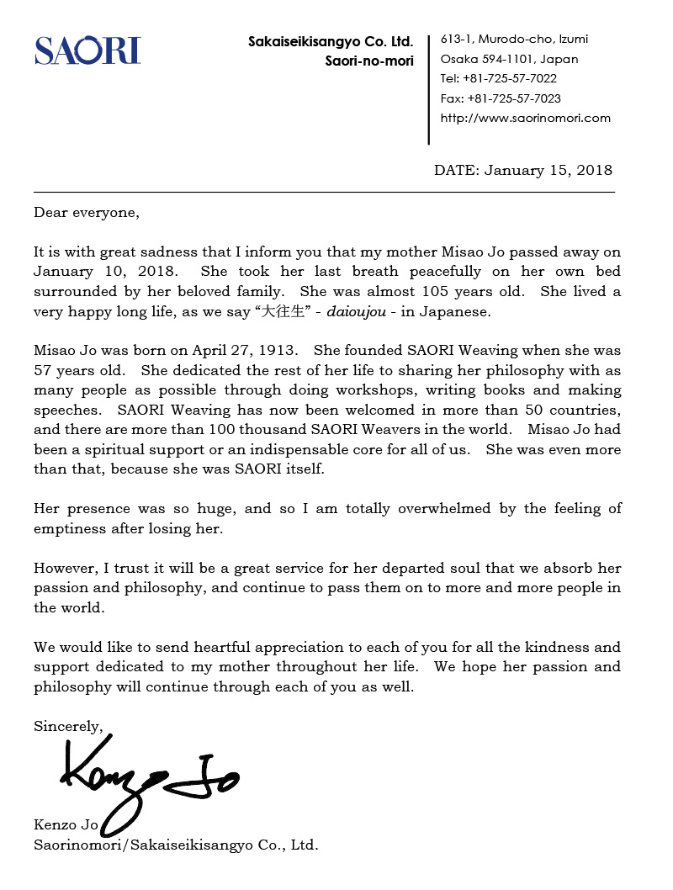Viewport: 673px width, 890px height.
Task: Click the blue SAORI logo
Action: coord(87,50)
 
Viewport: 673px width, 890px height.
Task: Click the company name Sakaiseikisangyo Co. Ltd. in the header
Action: coord(331,41)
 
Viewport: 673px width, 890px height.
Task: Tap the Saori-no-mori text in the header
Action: coord(369,61)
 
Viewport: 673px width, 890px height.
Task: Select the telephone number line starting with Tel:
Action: coord(498,79)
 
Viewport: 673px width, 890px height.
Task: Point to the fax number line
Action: coord(500,98)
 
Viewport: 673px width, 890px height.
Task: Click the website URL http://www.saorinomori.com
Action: coord(525,118)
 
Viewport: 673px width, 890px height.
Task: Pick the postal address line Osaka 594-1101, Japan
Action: coord(509,60)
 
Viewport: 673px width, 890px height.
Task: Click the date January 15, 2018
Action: coord(547,170)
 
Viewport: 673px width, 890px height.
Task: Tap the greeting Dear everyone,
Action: coord(86,212)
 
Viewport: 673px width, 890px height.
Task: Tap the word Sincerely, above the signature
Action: coord(68,725)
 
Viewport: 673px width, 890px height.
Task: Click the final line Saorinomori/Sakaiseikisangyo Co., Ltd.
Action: coord(176,845)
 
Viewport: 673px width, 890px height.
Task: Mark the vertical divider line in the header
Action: coord(430,88)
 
